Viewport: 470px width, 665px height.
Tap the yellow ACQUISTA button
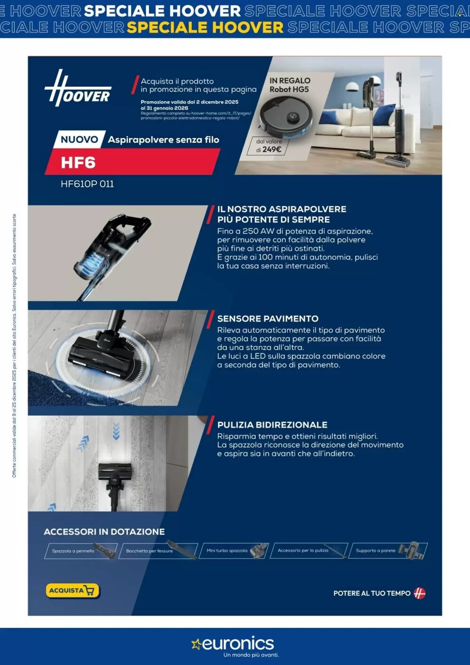point(72,590)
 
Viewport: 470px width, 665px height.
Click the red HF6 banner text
point(78,163)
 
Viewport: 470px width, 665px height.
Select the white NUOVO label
point(79,140)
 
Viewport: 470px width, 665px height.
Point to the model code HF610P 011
point(87,184)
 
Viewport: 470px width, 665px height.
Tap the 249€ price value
point(272,150)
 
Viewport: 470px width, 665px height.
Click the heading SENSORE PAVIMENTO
point(267,318)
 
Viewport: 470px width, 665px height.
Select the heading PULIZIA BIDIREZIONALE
point(272,425)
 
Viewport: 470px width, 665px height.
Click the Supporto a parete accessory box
point(388,550)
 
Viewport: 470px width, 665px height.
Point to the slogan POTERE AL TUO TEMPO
point(372,594)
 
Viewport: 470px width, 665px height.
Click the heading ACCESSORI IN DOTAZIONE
point(104,532)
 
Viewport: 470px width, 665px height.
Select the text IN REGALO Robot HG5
point(290,85)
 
